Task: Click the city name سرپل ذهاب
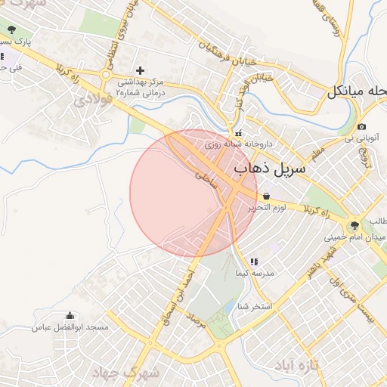(x=270, y=168)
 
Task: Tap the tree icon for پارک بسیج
(x=11, y=30)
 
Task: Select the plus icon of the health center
(x=140, y=70)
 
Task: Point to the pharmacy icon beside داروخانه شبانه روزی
(x=239, y=134)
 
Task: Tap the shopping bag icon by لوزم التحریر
(x=267, y=195)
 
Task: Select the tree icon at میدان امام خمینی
(x=354, y=224)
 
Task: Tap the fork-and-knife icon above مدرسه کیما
(x=253, y=262)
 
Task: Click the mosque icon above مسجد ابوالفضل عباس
(x=70, y=316)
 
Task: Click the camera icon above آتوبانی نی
(x=362, y=126)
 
